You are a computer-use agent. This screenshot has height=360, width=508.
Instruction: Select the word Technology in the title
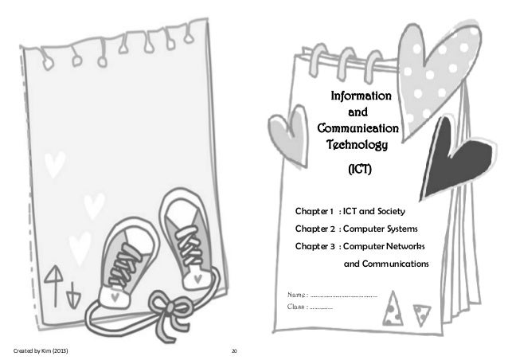pyautogui.click(x=357, y=145)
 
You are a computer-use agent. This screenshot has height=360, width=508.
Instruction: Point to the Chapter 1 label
pyautogui.click(x=315, y=211)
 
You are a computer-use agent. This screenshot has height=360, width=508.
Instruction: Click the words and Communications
pyautogui.click(x=385, y=264)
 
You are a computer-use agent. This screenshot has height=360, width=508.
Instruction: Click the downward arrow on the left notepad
pyautogui.click(x=73, y=292)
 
